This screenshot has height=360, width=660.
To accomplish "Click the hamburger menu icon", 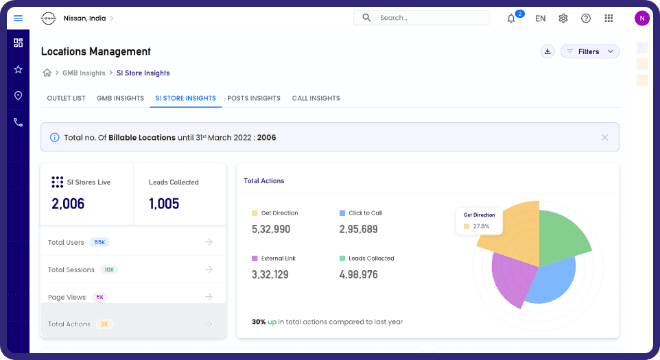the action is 18,18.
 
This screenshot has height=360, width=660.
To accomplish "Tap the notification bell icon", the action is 511,19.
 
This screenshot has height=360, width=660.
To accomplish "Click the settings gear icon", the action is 563,19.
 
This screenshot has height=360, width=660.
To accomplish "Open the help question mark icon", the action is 586,19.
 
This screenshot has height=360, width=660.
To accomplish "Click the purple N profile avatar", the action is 642,18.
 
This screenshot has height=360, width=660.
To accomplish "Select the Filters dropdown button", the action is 590,51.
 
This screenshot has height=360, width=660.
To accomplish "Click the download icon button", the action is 547,51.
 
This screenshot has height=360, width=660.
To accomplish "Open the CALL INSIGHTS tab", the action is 316,98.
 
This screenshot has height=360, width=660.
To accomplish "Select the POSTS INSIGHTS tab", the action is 254,98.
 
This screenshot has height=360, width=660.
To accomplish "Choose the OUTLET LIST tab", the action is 66,98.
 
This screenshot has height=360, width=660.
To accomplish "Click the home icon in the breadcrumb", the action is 47,73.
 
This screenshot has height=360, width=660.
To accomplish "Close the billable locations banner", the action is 604,138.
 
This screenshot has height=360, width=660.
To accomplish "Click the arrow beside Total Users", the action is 209,242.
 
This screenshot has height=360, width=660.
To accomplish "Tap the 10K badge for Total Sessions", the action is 109,269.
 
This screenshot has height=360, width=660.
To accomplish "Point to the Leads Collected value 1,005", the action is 164,204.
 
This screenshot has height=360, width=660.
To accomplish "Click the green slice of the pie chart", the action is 562,235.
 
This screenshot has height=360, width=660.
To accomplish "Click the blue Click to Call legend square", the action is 342,213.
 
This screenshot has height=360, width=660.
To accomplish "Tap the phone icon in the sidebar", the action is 18,122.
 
